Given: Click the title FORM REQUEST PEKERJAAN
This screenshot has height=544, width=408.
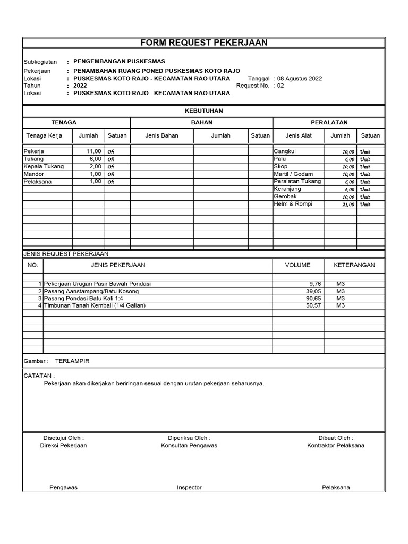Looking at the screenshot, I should (x=203, y=42).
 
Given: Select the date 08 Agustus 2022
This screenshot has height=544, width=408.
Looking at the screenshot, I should (x=300, y=78).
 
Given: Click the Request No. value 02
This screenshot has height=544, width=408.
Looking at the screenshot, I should (x=280, y=85).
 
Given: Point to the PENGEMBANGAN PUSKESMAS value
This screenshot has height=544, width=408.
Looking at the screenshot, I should (x=119, y=62).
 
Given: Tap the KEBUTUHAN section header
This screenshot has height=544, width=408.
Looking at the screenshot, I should (x=203, y=110).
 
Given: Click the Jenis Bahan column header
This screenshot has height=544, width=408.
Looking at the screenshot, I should (x=161, y=135).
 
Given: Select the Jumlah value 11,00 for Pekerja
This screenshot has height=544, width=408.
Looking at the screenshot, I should (x=93, y=151).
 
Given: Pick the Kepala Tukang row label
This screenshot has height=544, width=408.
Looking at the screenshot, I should (x=44, y=166).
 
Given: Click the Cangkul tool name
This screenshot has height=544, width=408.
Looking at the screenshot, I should (x=285, y=151).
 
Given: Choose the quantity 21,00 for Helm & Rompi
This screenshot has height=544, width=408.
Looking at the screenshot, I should (x=348, y=205).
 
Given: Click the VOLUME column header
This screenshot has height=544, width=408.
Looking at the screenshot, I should (x=297, y=265).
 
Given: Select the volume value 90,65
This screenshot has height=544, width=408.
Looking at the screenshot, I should (x=313, y=299).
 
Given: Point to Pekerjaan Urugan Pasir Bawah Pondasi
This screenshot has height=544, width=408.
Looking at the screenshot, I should (x=97, y=284).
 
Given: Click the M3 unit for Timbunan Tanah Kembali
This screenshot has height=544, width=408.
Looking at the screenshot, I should (x=341, y=305).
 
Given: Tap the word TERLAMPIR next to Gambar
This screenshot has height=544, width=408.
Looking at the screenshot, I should (x=72, y=361).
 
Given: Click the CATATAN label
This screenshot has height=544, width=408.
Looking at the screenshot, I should (x=39, y=376).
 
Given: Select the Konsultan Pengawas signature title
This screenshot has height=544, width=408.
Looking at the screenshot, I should (x=189, y=445).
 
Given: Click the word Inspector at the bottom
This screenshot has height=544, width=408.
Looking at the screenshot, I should (x=189, y=487).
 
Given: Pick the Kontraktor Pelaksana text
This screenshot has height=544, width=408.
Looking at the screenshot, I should (x=336, y=445).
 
